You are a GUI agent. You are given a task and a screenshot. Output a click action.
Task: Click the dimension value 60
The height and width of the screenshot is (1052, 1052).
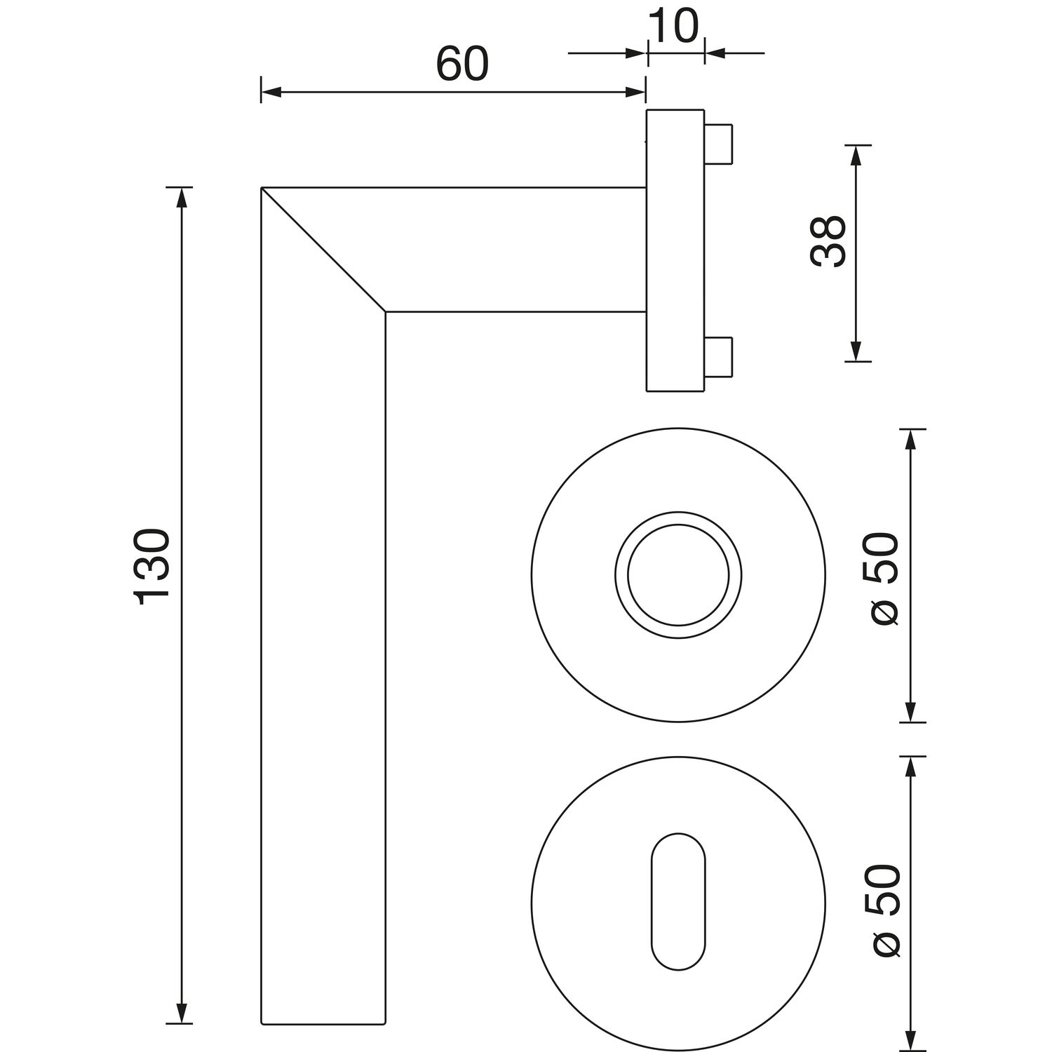(x=461, y=65)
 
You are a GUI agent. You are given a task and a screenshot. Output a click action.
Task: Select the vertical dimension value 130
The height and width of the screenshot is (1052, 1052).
(x=151, y=567)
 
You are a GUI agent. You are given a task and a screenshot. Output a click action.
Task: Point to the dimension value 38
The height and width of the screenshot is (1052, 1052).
(x=828, y=241)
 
